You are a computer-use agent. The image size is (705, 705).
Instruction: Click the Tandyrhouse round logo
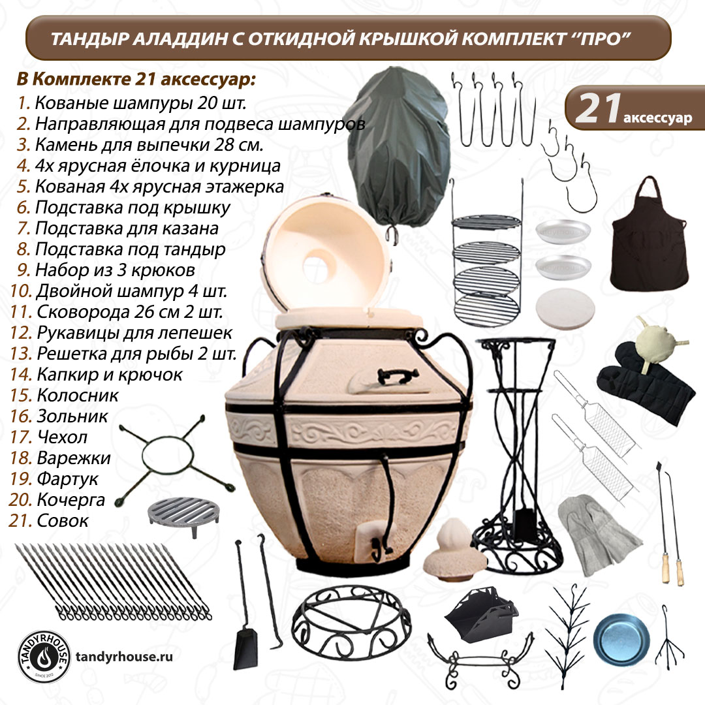point(44,657)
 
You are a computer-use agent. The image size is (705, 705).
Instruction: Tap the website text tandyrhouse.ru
point(124,657)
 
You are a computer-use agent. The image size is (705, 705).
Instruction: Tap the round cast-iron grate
point(183,515)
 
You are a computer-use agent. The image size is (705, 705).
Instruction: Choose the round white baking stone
point(565,309)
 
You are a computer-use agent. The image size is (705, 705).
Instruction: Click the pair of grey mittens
point(598,534)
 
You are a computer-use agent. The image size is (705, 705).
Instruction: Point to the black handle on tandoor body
point(398,376)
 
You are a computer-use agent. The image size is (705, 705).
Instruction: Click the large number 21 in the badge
point(599,108)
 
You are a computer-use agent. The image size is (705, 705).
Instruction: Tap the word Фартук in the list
point(67,479)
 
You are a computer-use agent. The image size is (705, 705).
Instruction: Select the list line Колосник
point(64,396)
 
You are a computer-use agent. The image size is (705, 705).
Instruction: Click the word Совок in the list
point(63,521)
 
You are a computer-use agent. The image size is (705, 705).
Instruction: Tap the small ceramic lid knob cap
point(454,550)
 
